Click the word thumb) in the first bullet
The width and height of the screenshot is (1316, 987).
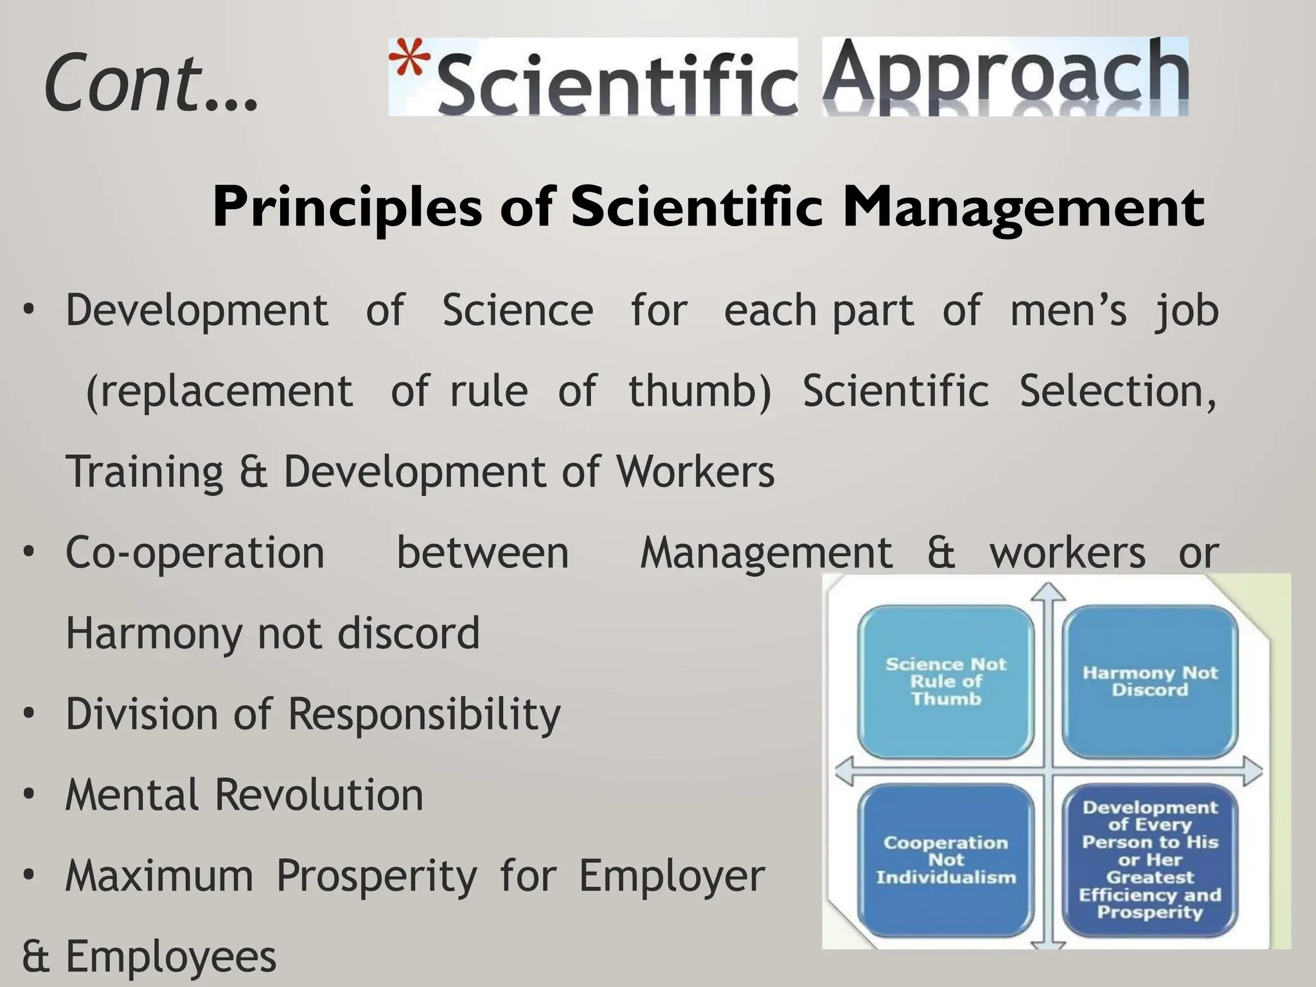699,391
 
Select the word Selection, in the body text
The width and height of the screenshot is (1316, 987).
1118,391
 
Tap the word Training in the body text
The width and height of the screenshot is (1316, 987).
145,472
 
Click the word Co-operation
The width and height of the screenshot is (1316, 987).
195,553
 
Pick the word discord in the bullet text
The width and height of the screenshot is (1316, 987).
409,634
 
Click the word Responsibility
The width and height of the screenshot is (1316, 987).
424,715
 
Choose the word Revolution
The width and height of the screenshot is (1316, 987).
319,796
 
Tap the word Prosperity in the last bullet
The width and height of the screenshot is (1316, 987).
377,876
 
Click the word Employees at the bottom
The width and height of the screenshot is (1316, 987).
171,957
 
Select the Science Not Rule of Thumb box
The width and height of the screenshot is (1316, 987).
946,682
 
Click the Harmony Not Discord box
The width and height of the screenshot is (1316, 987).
1150,682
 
